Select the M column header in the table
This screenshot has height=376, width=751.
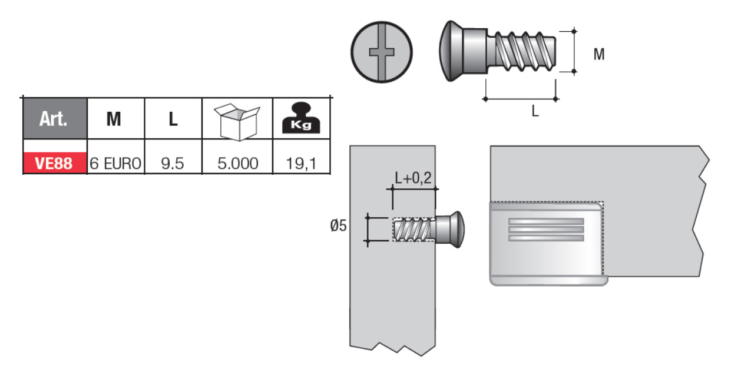(x=114, y=119)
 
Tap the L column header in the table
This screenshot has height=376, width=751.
(x=173, y=119)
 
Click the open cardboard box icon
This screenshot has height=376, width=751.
(x=237, y=122)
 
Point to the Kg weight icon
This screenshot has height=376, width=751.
(x=301, y=118)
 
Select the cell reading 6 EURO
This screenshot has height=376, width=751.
(x=115, y=164)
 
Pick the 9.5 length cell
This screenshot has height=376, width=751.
(x=173, y=164)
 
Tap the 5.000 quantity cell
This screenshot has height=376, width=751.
(x=238, y=164)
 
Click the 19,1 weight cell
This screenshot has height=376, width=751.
(x=301, y=164)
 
